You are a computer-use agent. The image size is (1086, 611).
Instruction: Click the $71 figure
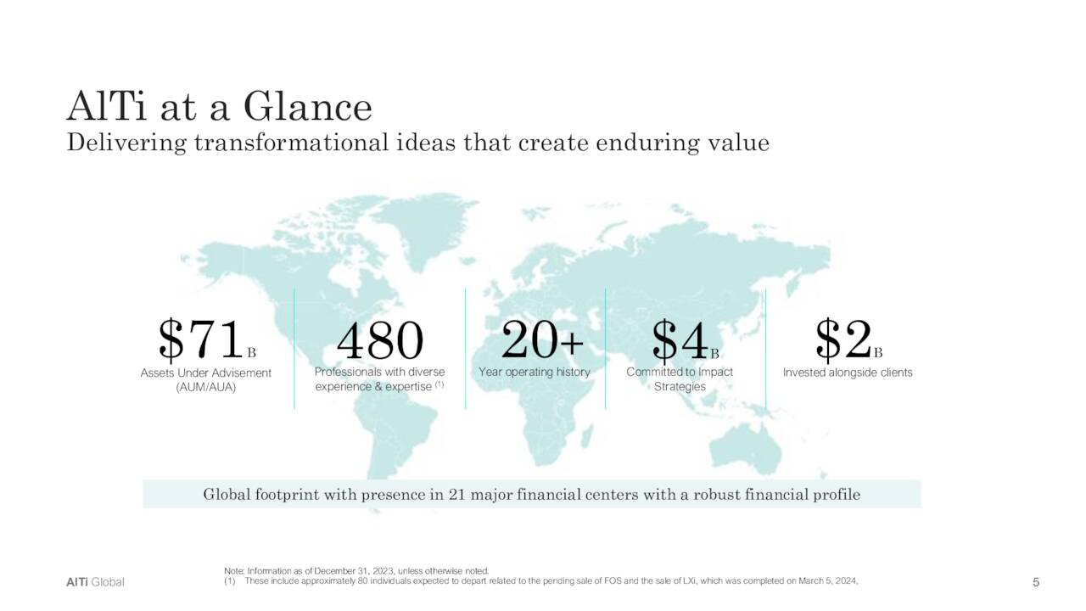coord(200,340)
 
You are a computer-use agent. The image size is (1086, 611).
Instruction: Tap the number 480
coord(379,340)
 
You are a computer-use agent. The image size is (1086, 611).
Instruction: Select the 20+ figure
coord(542,340)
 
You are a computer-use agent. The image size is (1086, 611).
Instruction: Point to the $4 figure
coord(680,340)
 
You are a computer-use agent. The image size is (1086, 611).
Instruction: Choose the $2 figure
coord(843,339)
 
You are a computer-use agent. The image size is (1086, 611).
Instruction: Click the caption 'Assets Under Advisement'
coord(206,373)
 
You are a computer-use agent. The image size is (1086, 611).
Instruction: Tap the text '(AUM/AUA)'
coord(206,387)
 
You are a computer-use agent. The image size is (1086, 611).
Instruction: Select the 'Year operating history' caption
coord(535,372)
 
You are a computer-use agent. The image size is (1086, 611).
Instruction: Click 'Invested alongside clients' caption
coord(848,372)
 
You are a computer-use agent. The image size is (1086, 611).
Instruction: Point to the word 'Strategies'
coord(680,387)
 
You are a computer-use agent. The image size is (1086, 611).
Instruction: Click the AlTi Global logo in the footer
coord(95,582)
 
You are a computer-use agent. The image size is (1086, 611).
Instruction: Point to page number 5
coord(1036,582)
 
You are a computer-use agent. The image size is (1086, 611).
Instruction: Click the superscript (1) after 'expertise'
coord(439,385)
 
